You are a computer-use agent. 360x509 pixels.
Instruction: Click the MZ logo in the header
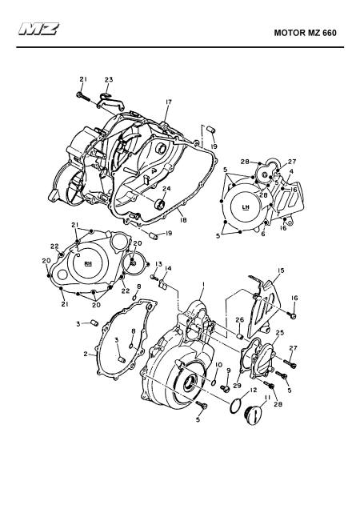pos(38,29)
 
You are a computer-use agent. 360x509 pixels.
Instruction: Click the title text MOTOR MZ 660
pos(305,33)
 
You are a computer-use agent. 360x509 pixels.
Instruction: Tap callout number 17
pos(168,102)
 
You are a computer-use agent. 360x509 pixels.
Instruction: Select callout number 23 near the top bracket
pos(109,79)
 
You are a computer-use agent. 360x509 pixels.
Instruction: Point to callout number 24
pos(166,189)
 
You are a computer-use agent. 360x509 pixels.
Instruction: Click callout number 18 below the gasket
pos(183,220)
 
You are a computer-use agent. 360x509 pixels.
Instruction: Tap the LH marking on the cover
pos(246,206)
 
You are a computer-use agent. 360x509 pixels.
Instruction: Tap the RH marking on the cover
pos(88,263)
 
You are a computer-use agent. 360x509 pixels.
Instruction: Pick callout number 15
pos(281,270)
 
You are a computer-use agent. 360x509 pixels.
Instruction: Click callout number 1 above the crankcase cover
pos(203,284)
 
